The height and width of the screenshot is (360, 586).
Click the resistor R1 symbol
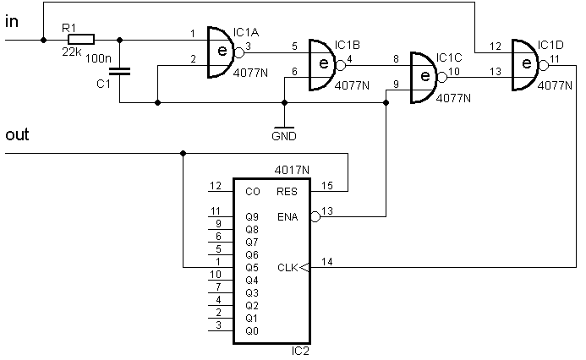[x=81, y=40]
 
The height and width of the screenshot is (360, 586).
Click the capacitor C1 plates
[x=119, y=71]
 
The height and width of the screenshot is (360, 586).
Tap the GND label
[x=284, y=136]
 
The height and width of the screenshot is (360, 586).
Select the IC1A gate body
[x=221, y=52]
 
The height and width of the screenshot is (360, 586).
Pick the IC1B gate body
[x=322, y=65]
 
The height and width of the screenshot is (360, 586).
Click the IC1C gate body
[x=424, y=78]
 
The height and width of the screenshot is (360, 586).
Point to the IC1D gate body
[x=525, y=65]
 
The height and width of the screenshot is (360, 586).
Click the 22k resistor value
[x=72, y=52]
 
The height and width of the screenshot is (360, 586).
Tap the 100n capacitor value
[x=98, y=58]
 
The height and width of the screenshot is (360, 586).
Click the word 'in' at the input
[x=12, y=21]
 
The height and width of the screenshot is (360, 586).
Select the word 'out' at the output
[x=17, y=134]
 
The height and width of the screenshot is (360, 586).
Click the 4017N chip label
[x=292, y=171]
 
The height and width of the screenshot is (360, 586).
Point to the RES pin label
[x=287, y=192]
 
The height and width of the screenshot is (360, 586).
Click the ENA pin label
[x=288, y=217]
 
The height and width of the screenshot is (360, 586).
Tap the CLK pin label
[x=288, y=268]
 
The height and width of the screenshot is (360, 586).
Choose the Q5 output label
[x=252, y=268]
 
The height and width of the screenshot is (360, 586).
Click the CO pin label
[x=253, y=192]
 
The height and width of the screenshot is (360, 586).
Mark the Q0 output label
[x=252, y=331]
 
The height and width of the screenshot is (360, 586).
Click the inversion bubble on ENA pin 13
[x=315, y=216]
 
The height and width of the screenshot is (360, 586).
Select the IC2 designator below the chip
[x=300, y=352]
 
